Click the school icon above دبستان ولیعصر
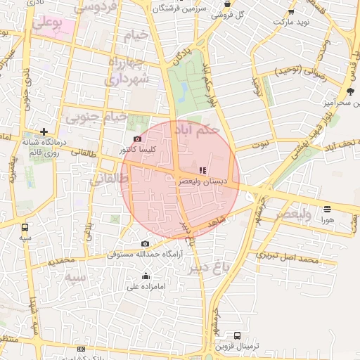(203, 170)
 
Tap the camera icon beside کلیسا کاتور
(137, 139)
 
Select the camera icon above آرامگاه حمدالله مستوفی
(146, 243)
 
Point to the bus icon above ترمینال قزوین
(237, 336)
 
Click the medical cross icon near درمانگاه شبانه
(44, 131)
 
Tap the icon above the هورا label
(327, 209)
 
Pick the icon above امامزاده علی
(146, 276)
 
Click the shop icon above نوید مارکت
(290, 12)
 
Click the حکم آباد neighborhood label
(199, 129)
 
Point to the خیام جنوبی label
(96, 117)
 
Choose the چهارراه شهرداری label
(127, 70)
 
